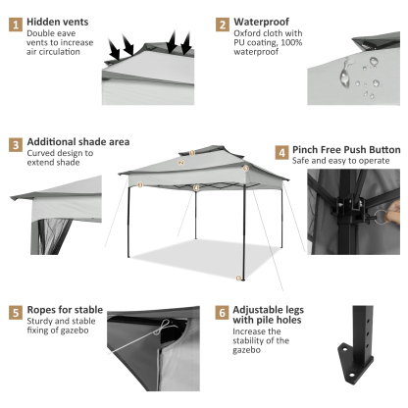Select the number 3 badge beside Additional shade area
(x=17, y=144)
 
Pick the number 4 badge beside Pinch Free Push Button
(x=282, y=153)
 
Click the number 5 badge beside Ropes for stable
(x=17, y=313)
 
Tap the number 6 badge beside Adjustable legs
(x=224, y=313)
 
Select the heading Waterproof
(x=261, y=22)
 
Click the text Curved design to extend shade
(x=60, y=159)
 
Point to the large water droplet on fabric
(x=344, y=74)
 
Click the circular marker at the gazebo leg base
(x=238, y=279)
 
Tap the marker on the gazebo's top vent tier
(x=193, y=152)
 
